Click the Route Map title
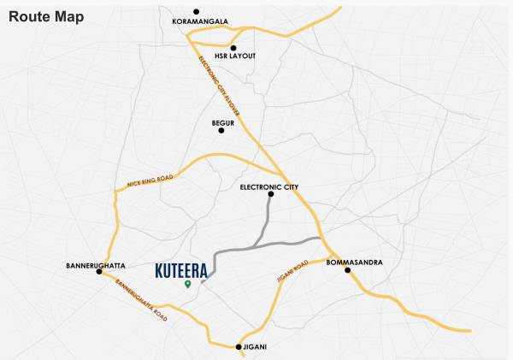pyautogui.click(x=46, y=17)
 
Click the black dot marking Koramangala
pyautogui.click(x=197, y=11)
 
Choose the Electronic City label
pyautogui.click(x=269, y=186)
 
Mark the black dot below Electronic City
pyautogui.click(x=271, y=195)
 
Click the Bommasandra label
pyautogui.click(x=355, y=263)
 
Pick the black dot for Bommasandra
pyautogui.click(x=348, y=270)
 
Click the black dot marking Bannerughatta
pyautogui.click(x=100, y=272)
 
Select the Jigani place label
pyautogui.click(x=255, y=346)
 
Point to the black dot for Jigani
pyautogui.click(x=239, y=346)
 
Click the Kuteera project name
pyautogui.click(x=180, y=270)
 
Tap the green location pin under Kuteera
pyautogui.click(x=188, y=285)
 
